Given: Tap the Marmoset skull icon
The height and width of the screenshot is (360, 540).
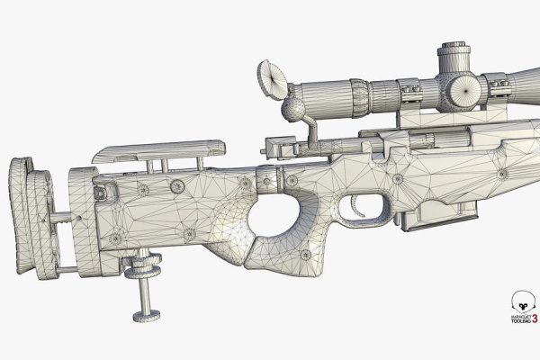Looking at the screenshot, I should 518,301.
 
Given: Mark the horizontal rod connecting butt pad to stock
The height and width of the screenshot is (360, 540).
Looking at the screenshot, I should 62,217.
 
